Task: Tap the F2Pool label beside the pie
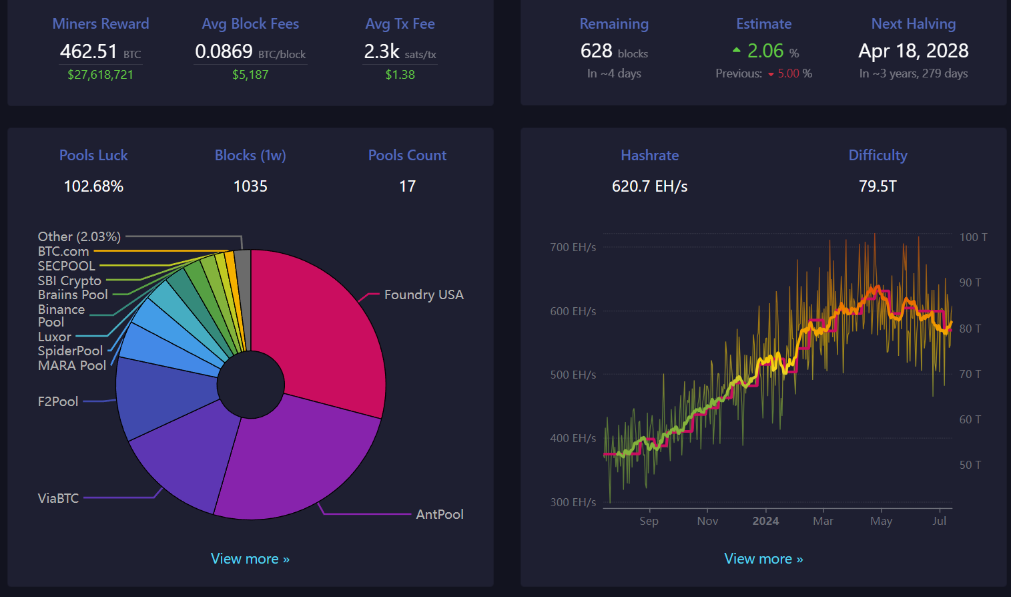point(58,401)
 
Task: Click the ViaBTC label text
point(58,498)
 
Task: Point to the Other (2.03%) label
point(79,236)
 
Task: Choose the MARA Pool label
point(72,365)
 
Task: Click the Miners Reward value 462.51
point(89,51)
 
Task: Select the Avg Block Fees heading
point(250,24)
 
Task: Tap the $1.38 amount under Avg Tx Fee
point(400,75)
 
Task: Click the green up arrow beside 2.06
point(736,50)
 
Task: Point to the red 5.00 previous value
point(789,73)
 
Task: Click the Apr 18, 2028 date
point(914,51)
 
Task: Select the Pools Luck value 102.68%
point(93,186)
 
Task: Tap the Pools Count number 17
point(407,186)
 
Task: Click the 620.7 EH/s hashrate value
point(649,186)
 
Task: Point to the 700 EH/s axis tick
point(573,248)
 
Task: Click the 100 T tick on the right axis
point(974,237)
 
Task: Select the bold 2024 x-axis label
point(765,521)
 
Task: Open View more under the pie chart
point(250,559)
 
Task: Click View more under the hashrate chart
point(763,559)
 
